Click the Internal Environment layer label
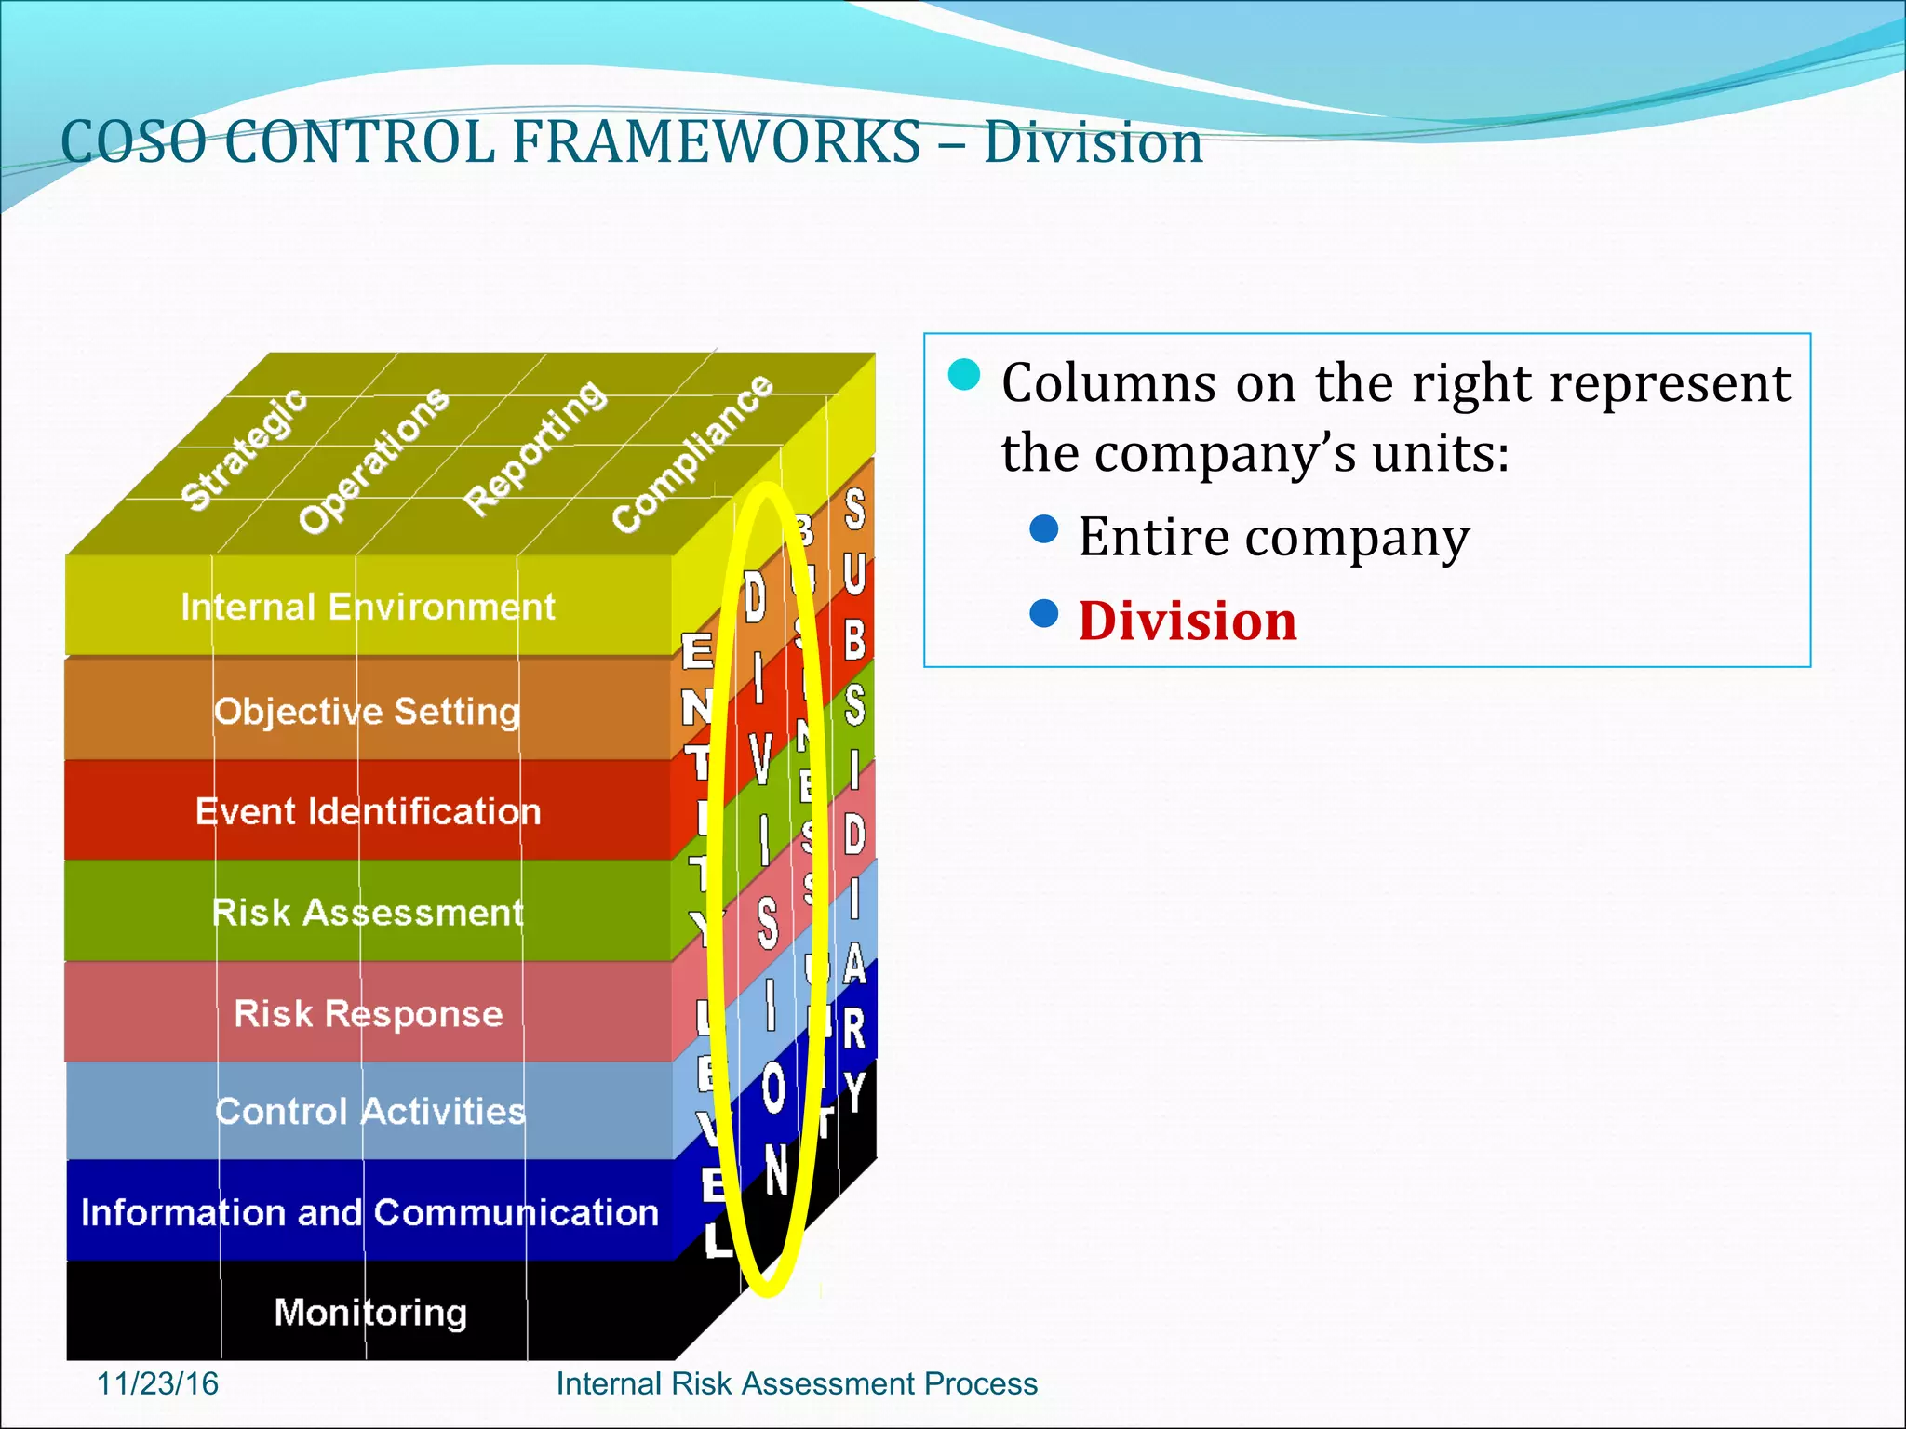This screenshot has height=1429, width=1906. tap(368, 608)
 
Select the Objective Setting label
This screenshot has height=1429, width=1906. tap(367, 712)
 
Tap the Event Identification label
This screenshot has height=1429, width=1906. tap(368, 812)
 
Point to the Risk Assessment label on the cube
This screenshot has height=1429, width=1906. tap(368, 913)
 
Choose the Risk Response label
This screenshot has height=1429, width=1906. tap(368, 1013)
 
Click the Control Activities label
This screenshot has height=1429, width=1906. tap(369, 1112)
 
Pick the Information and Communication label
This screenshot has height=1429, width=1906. tap(369, 1212)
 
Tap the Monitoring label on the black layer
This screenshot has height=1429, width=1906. tap(370, 1313)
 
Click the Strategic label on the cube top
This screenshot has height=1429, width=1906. tap(243, 449)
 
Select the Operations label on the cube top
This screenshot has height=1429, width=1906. tap(373, 460)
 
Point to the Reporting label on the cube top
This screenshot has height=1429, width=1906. tap(535, 447)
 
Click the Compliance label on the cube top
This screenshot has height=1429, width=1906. tap(691, 453)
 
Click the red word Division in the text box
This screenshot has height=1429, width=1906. tap(1187, 621)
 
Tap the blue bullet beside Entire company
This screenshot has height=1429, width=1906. tap(1044, 529)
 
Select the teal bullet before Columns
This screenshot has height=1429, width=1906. tap(964, 375)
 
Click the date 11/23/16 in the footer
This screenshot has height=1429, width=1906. tap(157, 1383)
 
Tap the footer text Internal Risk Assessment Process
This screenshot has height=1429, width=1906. tap(796, 1383)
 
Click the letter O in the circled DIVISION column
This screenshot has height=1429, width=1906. tap(772, 1088)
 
